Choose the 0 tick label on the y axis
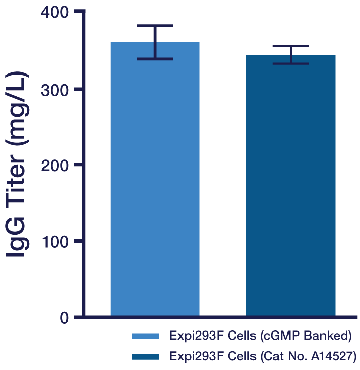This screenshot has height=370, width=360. pyautogui.click(x=64, y=318)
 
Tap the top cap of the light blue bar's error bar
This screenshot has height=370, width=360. pyautogui.click(x=155, y=25)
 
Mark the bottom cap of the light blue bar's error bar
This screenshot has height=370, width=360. pyautogui.click(x=155, y=59)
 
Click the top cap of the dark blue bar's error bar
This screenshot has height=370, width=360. pyautogui.click(x=291, y=46)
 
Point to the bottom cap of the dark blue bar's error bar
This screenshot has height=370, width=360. pyautogui.click(x=291, y=63)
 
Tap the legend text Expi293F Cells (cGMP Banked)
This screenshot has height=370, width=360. pyautogui.click(x=260, y=337)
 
